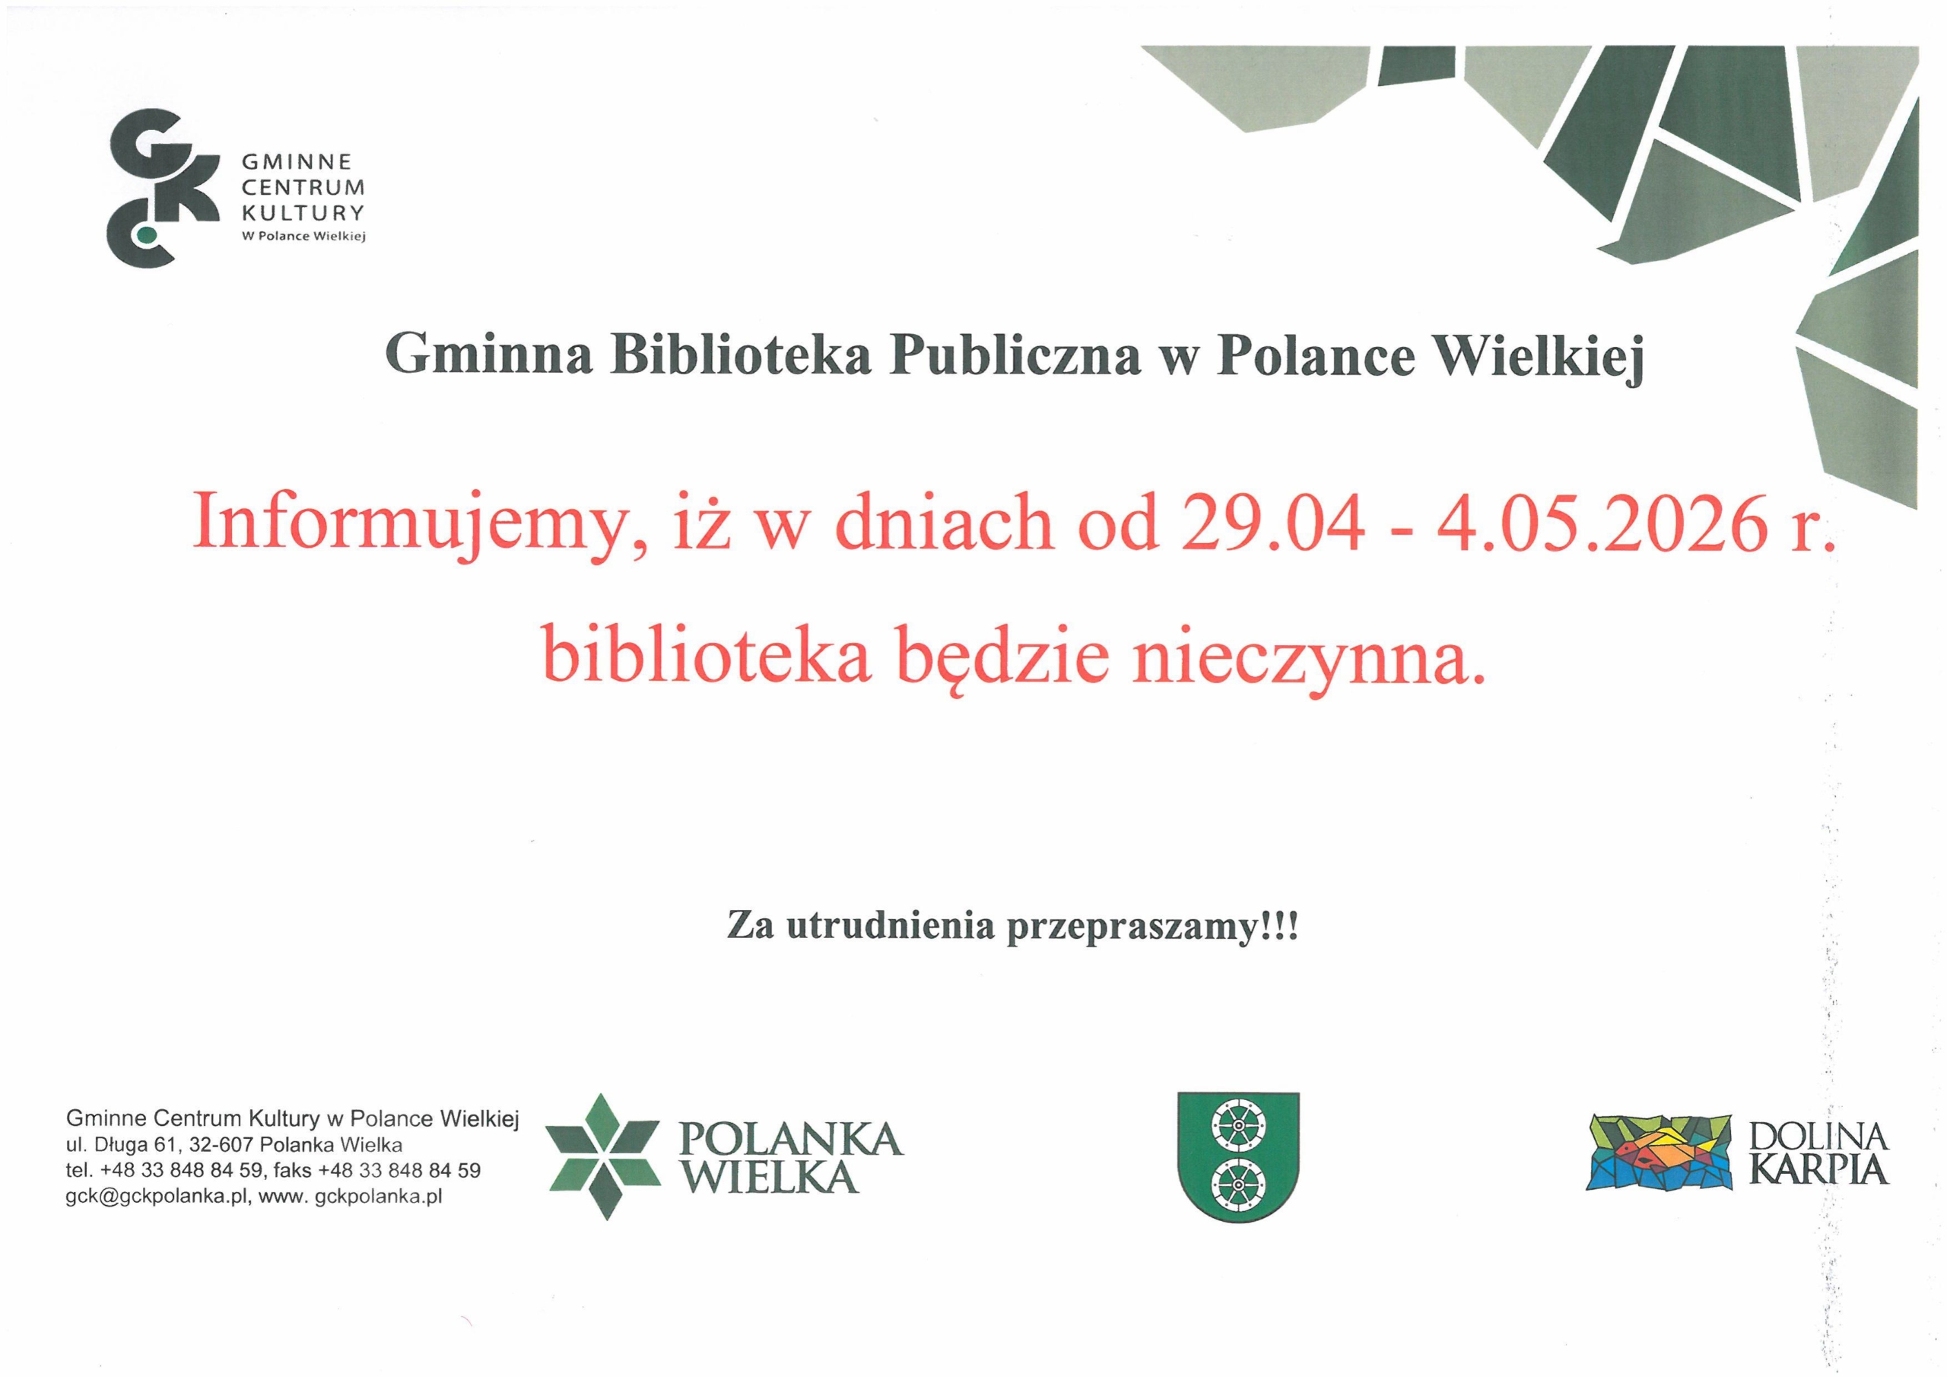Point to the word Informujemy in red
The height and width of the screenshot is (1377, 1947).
coord(416,526)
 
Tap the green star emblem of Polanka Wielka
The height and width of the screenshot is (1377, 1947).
coord(603,1157)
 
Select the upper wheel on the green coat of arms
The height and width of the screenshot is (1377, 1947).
coord(1237,1128)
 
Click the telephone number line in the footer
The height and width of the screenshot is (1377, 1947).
coord(273,1171)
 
